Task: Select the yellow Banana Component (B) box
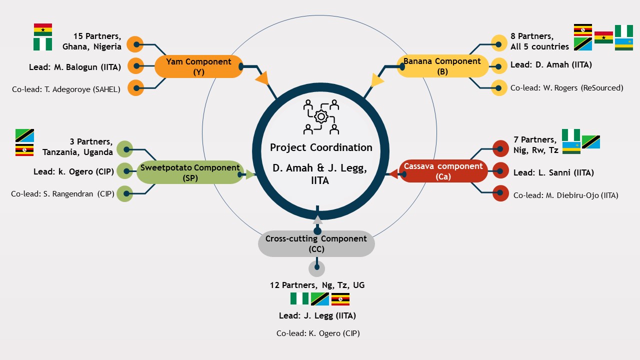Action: pyautogui.click(x=442, y=66)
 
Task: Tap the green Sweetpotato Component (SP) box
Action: pyautogui.click(x=190, y=172)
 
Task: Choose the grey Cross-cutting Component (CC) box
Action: pyautogui.click(x=316, y=243)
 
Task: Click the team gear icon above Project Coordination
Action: pyautogui.click(x=321, y=117)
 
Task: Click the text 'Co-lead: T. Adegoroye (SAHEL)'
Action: pyautogui.click(x=66, y=89)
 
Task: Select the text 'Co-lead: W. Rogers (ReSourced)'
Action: pyautogui.click(x=566, y=88)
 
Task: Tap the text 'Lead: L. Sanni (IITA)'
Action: pyautogui.click(x=553, y=173)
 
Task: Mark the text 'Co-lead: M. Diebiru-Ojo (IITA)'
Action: pyautogui.click(x=565, y=195)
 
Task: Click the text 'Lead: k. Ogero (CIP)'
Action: pyautogui.click(x=73, y=171)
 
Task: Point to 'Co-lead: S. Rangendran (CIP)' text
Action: pyautogui.click(x=62, y=193)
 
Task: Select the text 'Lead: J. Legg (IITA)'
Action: pyautogui.click(x=317, y=315)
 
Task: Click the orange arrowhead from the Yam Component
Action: pyautogui.click(x=262, y=78)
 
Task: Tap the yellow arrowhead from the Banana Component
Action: pyautogui.click(x=377, y=80)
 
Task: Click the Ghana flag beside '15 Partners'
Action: pyautogui.click(x=43, y=29)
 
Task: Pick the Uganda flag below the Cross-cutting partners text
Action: pyautogui.click(x=340, y=299)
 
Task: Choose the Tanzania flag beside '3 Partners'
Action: pyautogui.click(x=24, y=135)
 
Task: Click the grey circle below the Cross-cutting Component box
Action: pyautogui.click(x=316, y=268)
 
